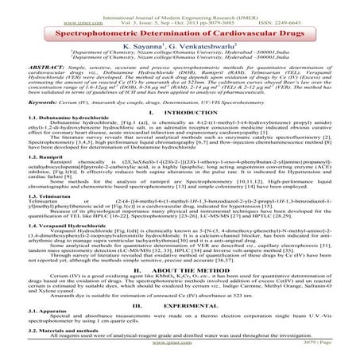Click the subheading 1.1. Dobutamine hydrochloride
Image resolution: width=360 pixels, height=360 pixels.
coord(59,145)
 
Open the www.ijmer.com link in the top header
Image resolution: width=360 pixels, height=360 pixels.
coord(33,16)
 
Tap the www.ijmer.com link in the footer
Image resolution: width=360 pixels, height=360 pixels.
coord(180,355)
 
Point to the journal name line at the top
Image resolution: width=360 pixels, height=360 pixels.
coord(180,8)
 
